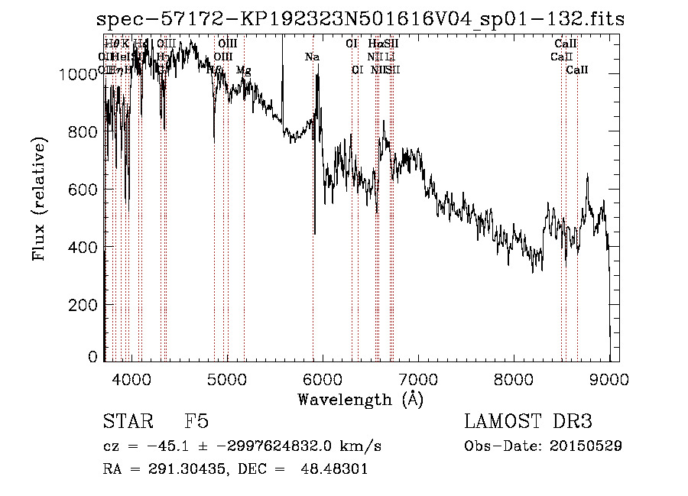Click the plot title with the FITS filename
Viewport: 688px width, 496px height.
click(x=360, y=19)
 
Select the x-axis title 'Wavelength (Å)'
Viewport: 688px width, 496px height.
click(x=360, y=399)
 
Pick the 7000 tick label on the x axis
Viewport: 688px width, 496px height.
click(x=418, y=378)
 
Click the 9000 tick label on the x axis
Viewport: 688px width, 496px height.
click(x=609, y=378)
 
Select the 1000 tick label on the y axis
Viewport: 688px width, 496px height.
click(x=78, y=74)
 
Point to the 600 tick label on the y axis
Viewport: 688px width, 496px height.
click(x=83, y=189)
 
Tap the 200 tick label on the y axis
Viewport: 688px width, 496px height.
click(x=83, y=304)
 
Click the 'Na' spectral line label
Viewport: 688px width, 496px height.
click(x=312, y=57)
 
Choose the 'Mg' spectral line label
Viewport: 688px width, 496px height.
click(x=243, y=70)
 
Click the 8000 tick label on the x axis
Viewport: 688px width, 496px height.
click(x=514, y=378)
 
